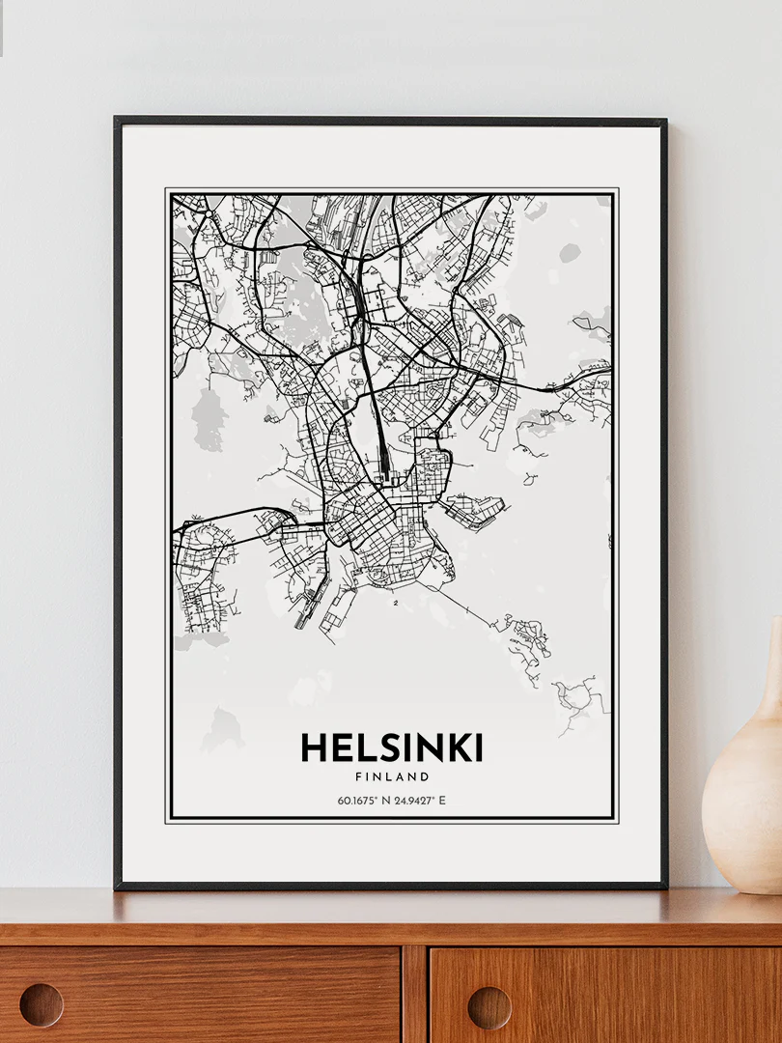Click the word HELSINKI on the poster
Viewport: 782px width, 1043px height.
[x=391, y=748]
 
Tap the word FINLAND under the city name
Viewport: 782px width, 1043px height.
[x=391, y=776]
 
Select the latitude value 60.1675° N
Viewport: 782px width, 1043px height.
[x=364, y=800]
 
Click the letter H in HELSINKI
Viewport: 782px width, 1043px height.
[x=313, y=748]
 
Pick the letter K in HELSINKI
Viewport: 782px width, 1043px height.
[x=455, y=748]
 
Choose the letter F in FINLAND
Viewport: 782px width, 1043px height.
[x=358, y=776]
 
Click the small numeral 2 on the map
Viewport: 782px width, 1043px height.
[x=396, y=603]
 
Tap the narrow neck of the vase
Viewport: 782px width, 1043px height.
[x=771, y=676]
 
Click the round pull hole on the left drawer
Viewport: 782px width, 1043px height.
[x=42, y=1005]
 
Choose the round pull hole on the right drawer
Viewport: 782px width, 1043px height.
[x=489, y=1007]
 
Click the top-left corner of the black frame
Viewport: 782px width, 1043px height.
[x=117, y=120]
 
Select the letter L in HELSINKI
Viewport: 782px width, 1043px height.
[x=360, y=748]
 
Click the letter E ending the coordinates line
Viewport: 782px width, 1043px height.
[x=442, y=800]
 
